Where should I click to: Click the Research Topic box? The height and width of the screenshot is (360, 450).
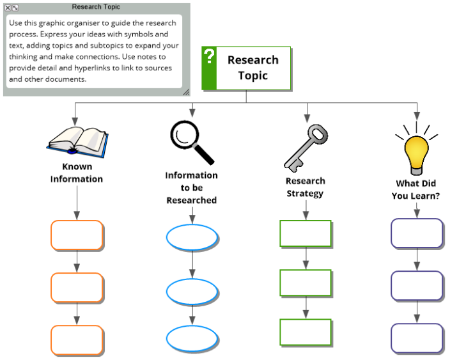[x=246, y=68]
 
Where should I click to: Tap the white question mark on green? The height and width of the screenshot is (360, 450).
[x=210, y=56]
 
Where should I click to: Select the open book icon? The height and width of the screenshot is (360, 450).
[x=77, y=142]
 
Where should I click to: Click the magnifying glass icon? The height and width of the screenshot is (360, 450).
[x=192, y=143]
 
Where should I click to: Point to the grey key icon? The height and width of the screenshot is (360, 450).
[x=306, y=148]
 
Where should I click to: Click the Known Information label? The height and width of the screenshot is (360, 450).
[x=77, y=173]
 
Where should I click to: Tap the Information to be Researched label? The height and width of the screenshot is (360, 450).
[x=191, y=188]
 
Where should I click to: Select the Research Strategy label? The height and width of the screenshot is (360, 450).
[x=306, y=187]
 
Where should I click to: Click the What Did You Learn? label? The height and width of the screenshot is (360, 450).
[x=416, y=189]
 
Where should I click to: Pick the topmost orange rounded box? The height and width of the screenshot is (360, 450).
[x=77, y=235]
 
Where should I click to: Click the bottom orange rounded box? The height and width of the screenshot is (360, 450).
[x=77, y=340]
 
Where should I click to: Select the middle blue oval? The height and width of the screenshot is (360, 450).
[x=192, y=292]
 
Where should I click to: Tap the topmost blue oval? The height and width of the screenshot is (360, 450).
[x=192, y=237]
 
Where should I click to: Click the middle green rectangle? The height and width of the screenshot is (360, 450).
[x=306, y=283]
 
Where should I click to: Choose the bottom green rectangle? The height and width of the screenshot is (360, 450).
[x=306, y=332]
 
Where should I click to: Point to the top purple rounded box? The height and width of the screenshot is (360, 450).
[x=417, y=233]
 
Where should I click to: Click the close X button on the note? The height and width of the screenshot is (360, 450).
[x=8, y=8]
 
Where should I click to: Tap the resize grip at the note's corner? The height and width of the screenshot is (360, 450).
[x=186, y=92]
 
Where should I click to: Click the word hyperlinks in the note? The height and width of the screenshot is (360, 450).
[x=92, y=68]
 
